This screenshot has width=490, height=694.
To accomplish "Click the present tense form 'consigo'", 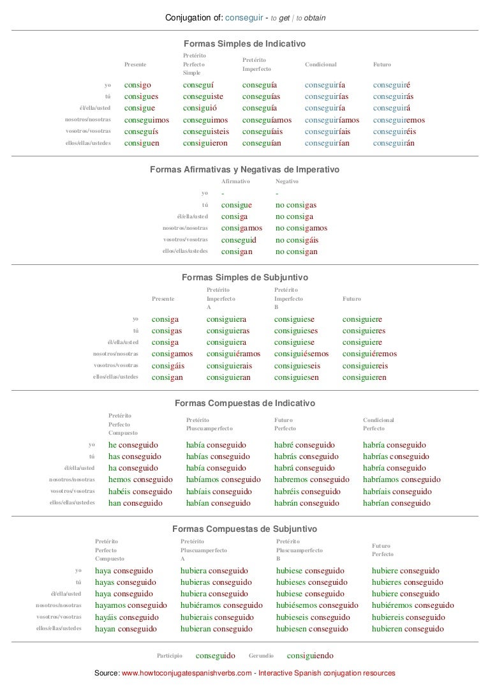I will click(137, 84).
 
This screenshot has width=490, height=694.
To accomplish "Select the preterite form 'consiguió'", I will click(200, 108).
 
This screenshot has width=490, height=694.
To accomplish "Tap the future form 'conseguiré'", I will click(392, 84).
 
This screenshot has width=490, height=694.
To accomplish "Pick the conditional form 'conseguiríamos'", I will click(332, 120).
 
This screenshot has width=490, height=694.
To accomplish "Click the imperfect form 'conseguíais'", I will click(265, 132).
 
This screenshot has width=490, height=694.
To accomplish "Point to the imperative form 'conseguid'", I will click(239, 240).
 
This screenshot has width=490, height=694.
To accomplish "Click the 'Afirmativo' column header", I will click(235, 181).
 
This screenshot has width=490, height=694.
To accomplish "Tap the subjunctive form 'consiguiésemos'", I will click(302, 354).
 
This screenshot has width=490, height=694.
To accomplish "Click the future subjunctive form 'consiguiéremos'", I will click(369, 354).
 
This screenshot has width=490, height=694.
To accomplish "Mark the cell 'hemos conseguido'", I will click(140, 479).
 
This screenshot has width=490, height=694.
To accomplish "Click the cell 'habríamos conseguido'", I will click(401, 479).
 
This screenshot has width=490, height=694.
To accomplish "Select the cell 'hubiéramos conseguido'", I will click(221, 605).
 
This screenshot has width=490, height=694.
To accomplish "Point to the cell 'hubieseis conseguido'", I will click(313, 617).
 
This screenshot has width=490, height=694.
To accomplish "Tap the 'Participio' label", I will click(170, 656).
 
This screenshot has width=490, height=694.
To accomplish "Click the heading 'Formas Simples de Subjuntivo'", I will click(245, 278).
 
